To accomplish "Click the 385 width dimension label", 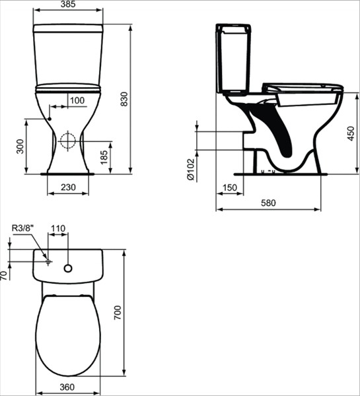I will pos(68,5).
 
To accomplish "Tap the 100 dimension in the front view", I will pos(77,100).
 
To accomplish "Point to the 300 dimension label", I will pos(20,147).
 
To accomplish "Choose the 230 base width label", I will pos(68,188).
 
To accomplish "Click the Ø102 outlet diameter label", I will pos(190,169).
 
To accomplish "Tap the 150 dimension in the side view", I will pos(229,189).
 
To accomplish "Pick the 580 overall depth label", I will pos(269,203).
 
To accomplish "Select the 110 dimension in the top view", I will pos(58,229).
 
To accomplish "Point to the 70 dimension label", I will pos(4,274).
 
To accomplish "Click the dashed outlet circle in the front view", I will pos(67,141).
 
